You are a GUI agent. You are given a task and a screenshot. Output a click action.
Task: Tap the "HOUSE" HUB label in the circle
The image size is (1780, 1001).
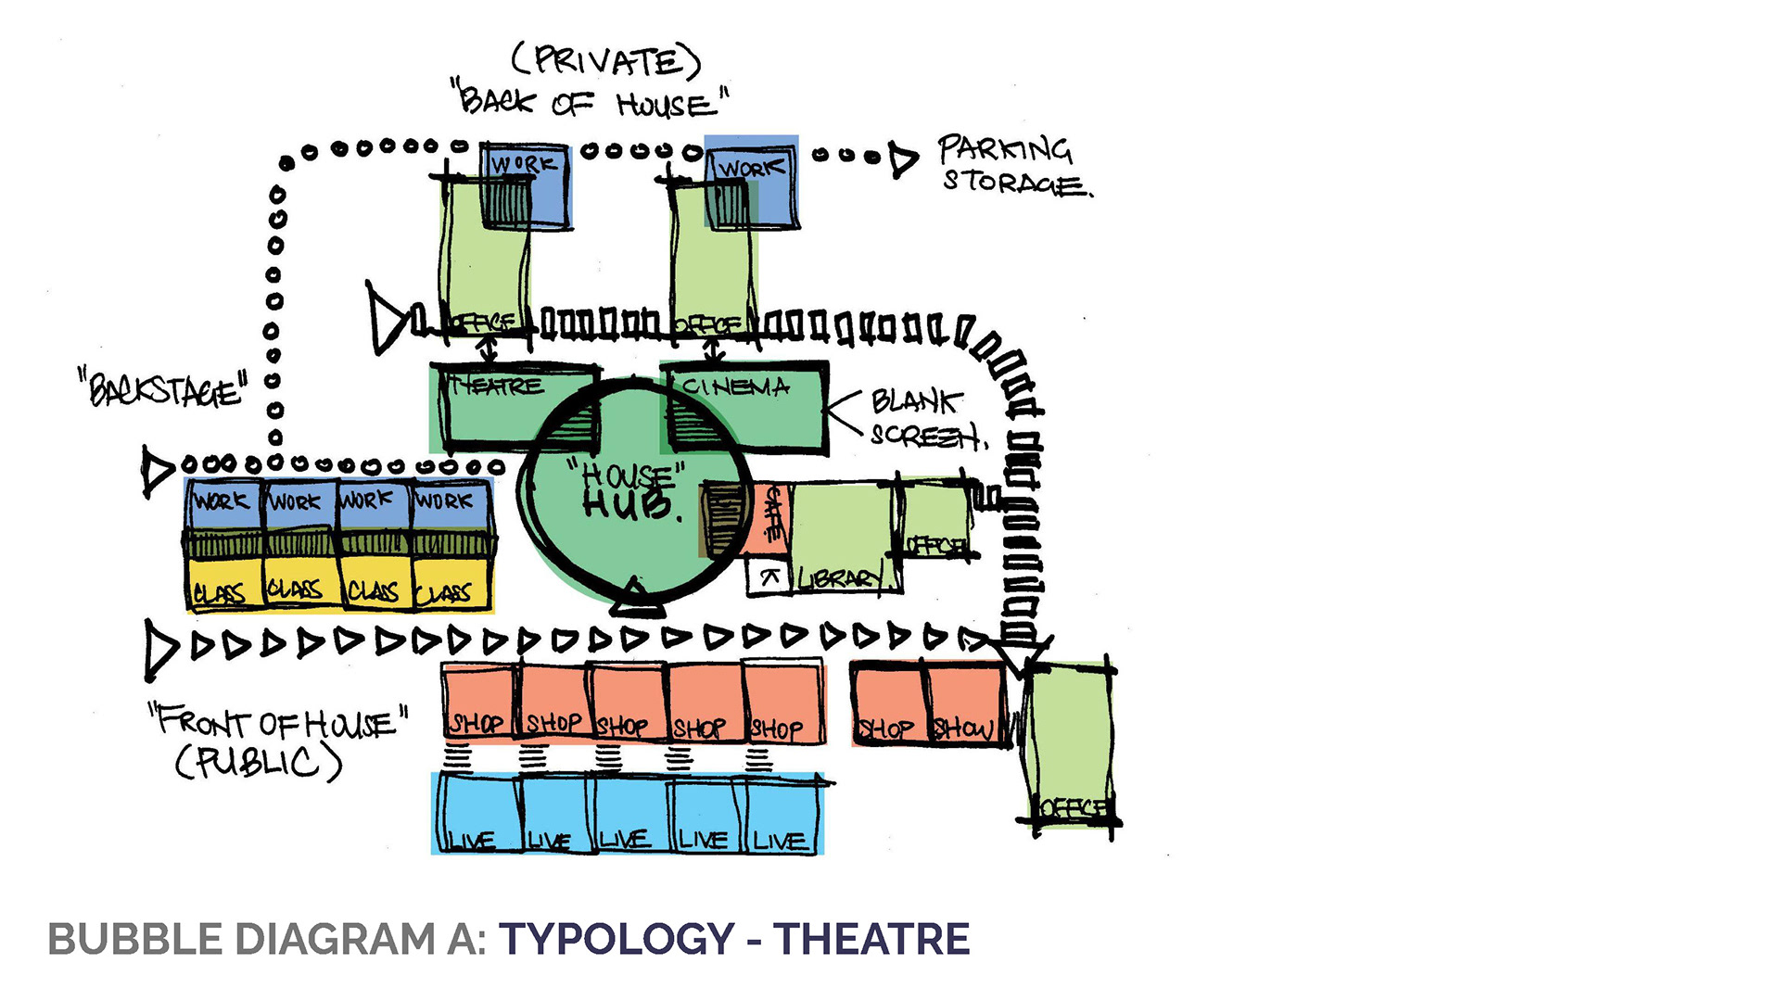[x=629, y=491]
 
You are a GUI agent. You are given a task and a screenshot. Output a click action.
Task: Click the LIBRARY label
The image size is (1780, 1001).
[x=842, y=578]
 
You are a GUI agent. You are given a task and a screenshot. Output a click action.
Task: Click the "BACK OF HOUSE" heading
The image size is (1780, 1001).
[x=589, y=100]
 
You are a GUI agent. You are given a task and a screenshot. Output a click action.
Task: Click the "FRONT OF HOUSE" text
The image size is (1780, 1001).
[x=278, y=721]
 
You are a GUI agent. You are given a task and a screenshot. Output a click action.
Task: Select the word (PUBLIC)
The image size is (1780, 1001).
[x=259, y=763]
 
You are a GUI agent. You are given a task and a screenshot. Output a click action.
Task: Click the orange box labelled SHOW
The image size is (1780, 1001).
[x=965, y=704]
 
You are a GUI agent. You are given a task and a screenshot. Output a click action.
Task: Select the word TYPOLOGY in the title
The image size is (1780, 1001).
[x=617, y=939]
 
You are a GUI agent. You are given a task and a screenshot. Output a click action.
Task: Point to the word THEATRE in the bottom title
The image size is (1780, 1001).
[x=871, y=939]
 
